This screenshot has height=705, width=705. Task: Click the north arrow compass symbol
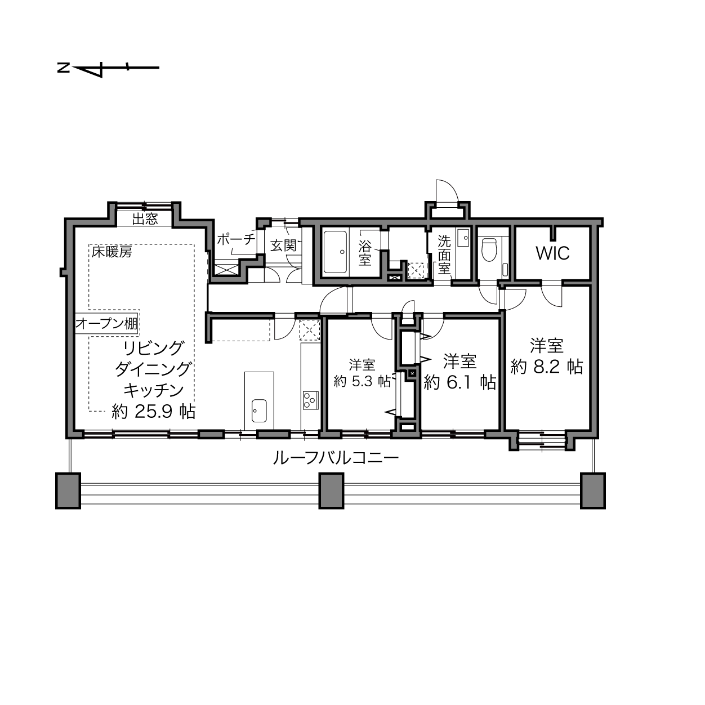[108, 68]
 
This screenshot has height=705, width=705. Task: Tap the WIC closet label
[552, 253]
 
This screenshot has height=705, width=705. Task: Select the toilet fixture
[489, 249]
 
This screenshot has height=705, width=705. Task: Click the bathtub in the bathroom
[336, 252]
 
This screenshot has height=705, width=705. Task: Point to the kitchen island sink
[259, 410]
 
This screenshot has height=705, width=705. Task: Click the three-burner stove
[310, 400]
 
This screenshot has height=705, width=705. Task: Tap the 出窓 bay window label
[145, 219]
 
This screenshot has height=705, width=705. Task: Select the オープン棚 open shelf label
[106, 323]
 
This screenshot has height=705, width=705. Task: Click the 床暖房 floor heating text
[111, 252]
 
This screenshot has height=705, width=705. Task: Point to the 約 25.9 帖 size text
[153, 412]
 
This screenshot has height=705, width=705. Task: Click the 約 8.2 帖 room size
[547, 367]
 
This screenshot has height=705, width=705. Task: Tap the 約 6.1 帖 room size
[459, 382]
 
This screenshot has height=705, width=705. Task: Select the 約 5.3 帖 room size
[362, 382]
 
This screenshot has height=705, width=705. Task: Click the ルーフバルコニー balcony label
[336, 458]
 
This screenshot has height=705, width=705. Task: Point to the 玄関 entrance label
[283, 245]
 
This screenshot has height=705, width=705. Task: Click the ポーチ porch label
[236, 239]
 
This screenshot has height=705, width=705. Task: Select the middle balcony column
[331, 490]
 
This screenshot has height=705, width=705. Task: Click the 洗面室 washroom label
[444, 255]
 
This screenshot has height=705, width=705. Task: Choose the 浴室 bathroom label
[365, 253]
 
